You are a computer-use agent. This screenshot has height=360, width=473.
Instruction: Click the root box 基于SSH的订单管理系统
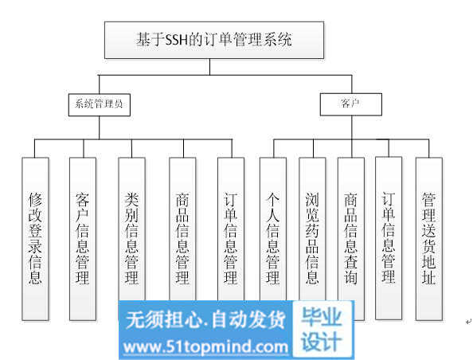[214, 40]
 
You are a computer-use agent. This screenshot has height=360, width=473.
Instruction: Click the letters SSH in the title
[177, 40]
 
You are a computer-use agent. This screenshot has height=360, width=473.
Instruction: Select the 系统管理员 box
[100, 104]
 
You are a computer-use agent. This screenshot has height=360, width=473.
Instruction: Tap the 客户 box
[351, 104]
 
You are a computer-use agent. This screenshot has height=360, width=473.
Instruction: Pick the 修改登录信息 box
[35, 239]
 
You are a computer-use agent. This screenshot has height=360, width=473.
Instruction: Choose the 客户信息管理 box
[83, 239]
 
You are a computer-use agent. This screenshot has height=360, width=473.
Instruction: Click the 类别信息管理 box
[132, 229]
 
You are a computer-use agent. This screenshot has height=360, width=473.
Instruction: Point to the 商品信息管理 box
[182, 229]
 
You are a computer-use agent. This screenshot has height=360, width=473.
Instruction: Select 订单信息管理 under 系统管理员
[231, 229]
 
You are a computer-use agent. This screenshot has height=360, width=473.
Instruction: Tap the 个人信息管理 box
[273, 229]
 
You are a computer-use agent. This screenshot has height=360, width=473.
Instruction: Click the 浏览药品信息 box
[312, 229]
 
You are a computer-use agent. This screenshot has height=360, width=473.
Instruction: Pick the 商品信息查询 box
[351, 239]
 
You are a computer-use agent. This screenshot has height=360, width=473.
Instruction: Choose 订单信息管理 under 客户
[389, 238]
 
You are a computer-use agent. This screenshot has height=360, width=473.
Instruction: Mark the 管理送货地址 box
[429, 239]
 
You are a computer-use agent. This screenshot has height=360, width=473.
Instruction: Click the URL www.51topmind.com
[205, 347]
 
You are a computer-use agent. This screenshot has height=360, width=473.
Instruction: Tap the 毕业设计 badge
[322, 330]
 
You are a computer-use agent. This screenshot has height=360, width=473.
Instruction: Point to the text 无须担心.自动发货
[205, 319]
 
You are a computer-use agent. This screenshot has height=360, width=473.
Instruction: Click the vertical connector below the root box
[210, 67]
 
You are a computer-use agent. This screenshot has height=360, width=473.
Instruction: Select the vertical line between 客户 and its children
[352, 127]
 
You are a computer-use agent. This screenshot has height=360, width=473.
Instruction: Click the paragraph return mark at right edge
[468, 322]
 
